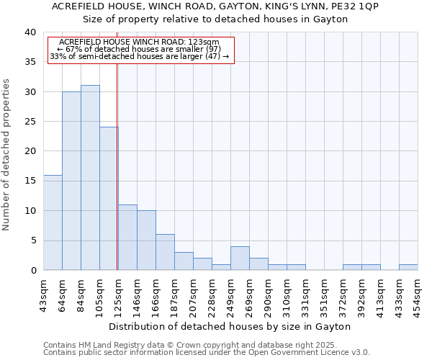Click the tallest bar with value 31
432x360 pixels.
tap(90, 178)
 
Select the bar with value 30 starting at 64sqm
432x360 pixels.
tap(71, 181)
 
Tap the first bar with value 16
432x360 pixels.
tap(53, 222)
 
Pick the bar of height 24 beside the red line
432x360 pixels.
tap(109, 199)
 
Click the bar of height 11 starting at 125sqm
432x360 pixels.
tap(127, 238)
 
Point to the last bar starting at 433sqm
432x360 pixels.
tap(408, 267)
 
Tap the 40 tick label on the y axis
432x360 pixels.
tap(30, 32)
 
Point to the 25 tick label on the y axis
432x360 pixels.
tap(30, 122)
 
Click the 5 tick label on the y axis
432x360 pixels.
tap(32, 240)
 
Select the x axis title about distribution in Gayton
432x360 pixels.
tap(230, 326)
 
